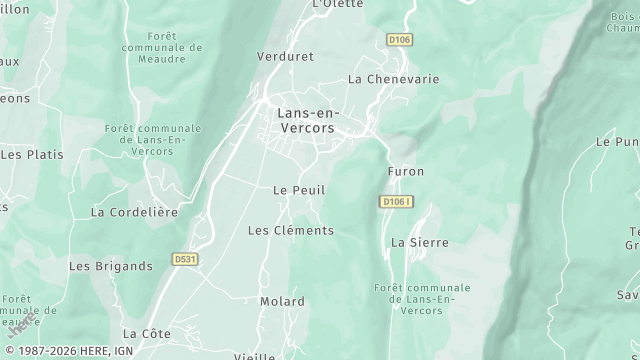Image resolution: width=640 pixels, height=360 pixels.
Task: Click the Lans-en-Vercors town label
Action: click(x=305, y=121)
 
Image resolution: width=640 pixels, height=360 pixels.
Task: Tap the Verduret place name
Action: click(x=285, y=56)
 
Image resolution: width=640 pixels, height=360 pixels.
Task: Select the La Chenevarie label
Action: click(x=393, y=78)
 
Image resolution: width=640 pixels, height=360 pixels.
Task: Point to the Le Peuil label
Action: click(x=299, y=190)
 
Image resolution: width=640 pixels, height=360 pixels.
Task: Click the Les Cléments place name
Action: click(x=290, y=230)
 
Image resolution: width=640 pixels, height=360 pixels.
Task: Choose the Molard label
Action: click(x=282, y=301)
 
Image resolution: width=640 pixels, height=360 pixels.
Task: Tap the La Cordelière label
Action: click(x=134, y=212)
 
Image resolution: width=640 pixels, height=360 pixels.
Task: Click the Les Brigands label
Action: click(x=110, y=266)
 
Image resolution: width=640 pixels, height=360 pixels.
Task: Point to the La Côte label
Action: click(x=147, y=333)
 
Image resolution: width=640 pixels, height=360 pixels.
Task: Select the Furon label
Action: click(x=406, y=171)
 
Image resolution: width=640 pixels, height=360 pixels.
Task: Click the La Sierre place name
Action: click(x=419, y=242)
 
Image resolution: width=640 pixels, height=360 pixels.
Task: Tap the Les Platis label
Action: click(x=32, y=155)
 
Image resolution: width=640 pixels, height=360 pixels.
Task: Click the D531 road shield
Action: click(x=184, y=258)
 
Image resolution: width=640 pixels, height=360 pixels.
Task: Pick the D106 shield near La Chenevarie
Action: click(x=399, y=40)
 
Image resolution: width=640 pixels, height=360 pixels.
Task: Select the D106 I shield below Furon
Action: click(x=396, y=201)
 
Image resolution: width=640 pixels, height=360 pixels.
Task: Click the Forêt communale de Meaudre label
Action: click(x=161, y=47)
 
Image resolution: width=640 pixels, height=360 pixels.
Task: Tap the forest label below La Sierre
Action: click(x=413, y=299)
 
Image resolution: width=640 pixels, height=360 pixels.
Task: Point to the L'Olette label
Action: click(x=337, y=4)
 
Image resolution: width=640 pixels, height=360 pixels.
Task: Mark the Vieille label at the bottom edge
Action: click(x=254, y=356)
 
